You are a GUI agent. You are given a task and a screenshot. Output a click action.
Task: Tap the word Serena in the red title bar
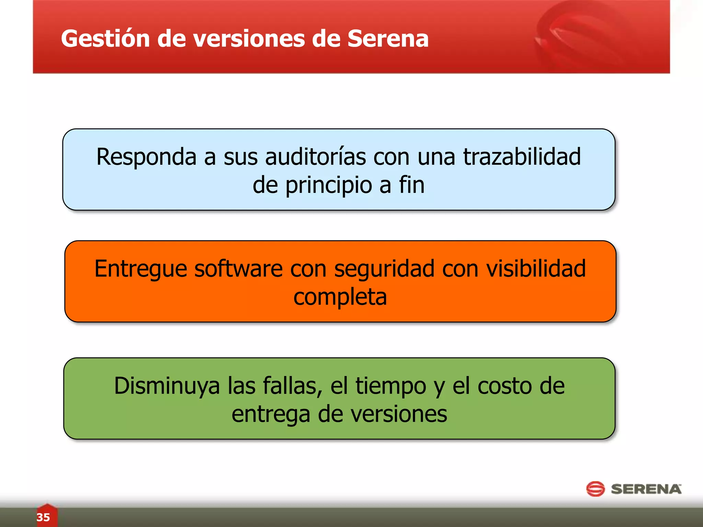388,38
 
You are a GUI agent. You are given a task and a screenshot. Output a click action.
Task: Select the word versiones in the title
249,38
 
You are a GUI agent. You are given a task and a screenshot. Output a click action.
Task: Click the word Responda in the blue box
146,157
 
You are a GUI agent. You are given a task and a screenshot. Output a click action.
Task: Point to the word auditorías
315,157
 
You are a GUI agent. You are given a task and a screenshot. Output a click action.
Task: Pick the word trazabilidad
522,157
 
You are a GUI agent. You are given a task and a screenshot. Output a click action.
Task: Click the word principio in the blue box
329,186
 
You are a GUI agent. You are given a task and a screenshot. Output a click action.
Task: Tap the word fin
412,185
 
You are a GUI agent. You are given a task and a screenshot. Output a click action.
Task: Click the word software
239,269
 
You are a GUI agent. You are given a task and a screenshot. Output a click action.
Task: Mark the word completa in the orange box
340,297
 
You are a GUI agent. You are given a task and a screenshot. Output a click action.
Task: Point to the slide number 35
43,517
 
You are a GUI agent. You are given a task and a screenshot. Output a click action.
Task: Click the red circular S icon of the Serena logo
595,489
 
